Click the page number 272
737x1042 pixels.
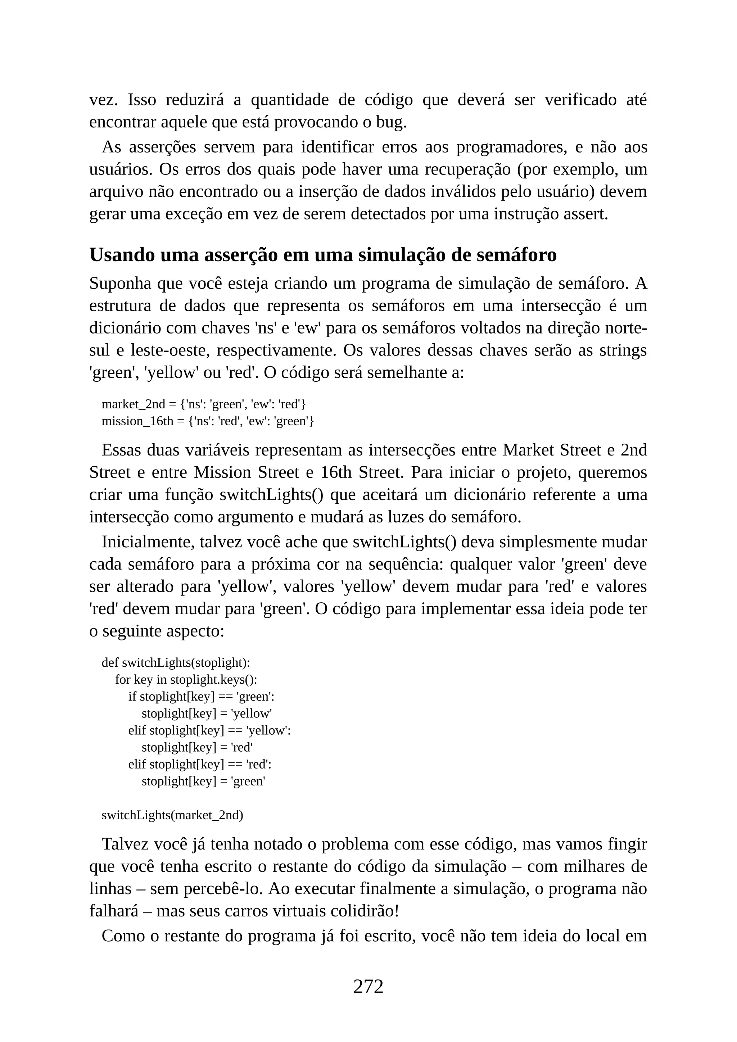[368, 986]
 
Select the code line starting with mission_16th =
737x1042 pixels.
[207, 421]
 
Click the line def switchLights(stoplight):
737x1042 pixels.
[176, 663]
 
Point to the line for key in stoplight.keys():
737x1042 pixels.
[186, 679]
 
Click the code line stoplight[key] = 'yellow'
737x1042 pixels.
[207, 713]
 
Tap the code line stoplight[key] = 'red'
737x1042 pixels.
[197, 747]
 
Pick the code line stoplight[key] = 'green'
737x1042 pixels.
[203, 781]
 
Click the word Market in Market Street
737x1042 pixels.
[528, 450]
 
